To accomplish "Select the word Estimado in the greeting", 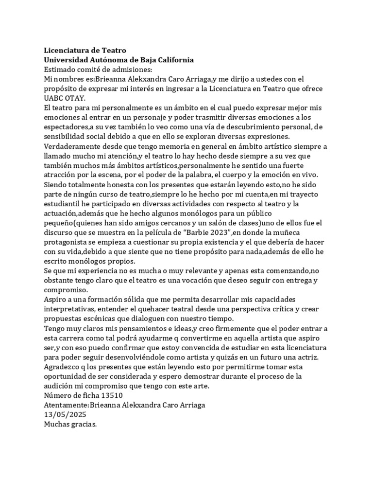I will coord(59,69).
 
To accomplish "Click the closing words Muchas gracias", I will coord(70,424).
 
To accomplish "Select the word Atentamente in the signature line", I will coord(66,405).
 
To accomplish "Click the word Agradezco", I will coord(63,366).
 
